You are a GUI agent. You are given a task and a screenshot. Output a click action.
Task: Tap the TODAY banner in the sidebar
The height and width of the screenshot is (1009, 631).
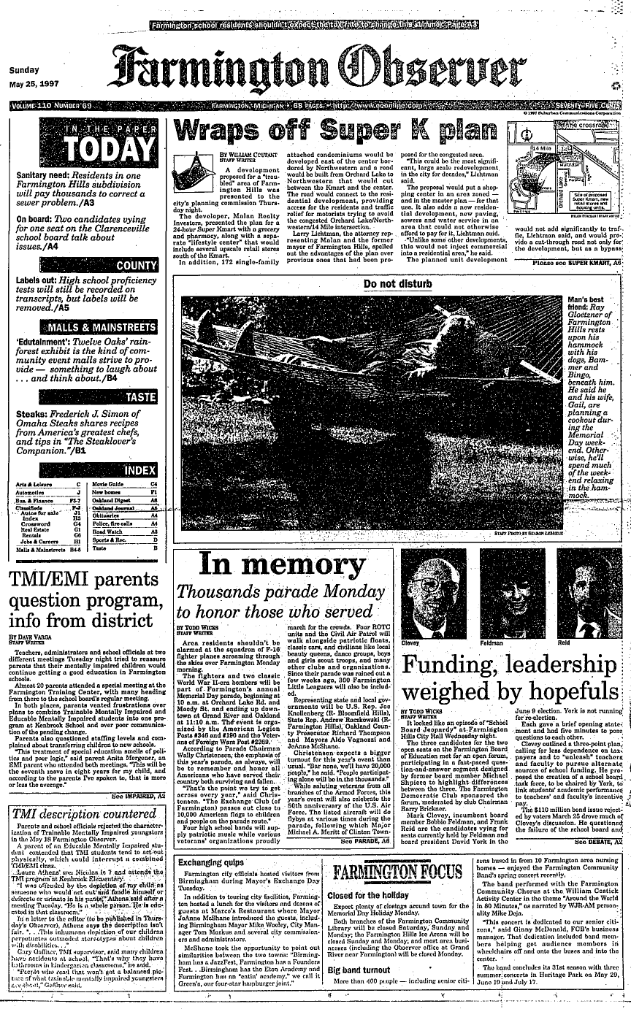pos(86,142)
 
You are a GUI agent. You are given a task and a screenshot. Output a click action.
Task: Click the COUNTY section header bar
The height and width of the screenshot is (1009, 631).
pos(86,266)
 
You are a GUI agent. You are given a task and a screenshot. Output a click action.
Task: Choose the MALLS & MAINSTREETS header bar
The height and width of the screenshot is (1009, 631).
pos(86,326)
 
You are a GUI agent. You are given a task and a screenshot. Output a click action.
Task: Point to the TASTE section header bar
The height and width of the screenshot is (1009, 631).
pos(86,397)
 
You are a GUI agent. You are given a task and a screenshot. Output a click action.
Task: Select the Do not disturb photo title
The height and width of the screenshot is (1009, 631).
pos(399,283)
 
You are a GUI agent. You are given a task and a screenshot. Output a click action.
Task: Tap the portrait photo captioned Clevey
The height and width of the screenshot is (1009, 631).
pos(434,592)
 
